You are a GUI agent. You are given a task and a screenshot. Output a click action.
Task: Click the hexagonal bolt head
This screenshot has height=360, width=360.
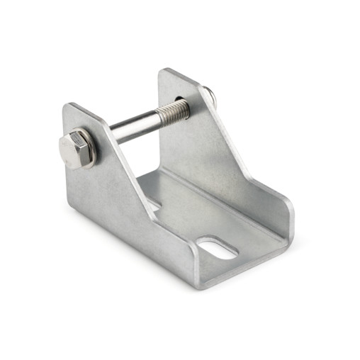[x=73, y=150]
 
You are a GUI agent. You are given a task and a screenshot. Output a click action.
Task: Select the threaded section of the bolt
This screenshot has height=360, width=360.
[x=174, y=110]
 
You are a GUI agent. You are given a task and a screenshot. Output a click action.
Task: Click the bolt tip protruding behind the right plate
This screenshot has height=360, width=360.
[x=210, y=93]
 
